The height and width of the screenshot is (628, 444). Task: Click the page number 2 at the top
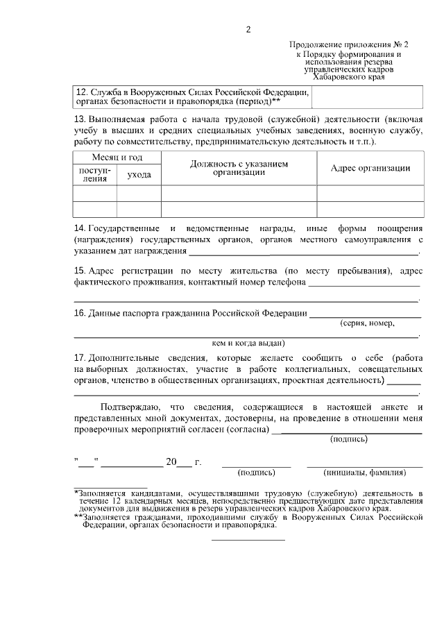point(247,29)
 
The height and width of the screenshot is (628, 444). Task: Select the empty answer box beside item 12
point(368,98)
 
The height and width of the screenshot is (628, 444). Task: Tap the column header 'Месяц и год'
point(117,158)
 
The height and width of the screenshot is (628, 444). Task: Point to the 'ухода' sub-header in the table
point(139,174)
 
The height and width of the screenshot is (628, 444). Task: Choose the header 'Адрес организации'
point(370,168)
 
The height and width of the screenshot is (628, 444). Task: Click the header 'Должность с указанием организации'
point(239,168)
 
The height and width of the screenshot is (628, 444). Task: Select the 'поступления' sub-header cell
point(94,174)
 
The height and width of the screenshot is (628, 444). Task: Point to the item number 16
point(80,313)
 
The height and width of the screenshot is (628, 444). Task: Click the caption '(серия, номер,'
point(367,323)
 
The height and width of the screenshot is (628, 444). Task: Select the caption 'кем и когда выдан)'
point(248,342)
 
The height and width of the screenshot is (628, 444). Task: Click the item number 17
point(80,357)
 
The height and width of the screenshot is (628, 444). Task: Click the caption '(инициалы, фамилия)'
point(365,473)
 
